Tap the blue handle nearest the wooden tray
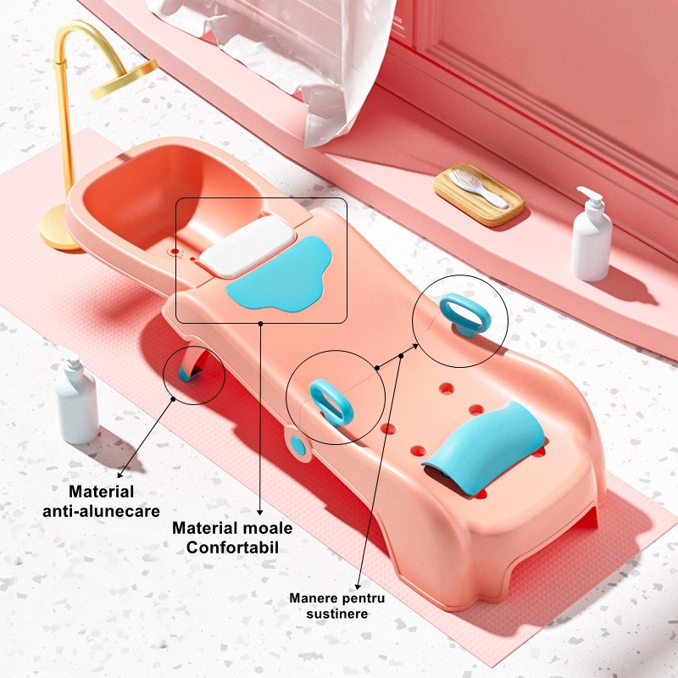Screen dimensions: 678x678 coord(465,314)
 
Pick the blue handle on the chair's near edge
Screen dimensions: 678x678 coord(331,402)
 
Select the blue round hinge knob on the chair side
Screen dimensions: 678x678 coord(297,447)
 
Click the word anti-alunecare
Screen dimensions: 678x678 coord(101,511)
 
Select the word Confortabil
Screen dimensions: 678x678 coord(232,547)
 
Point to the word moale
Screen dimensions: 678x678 coord(268,528)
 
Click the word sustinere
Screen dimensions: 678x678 coord(337,614)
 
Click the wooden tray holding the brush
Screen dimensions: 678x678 coord(479,195)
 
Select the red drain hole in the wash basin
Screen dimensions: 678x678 coord(175,251)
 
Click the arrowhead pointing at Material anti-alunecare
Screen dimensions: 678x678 coord(120,475)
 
